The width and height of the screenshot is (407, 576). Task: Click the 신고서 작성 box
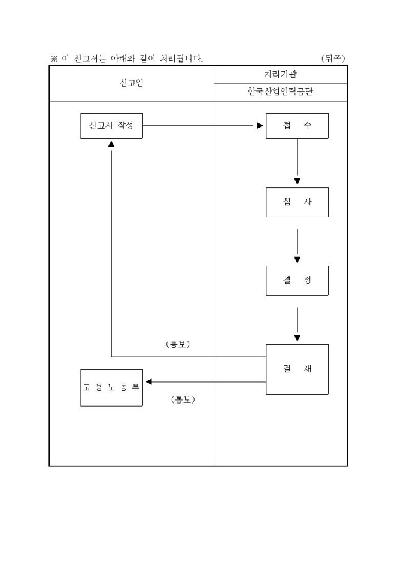pos(111,126)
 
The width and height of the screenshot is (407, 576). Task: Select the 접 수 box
pos(297,126)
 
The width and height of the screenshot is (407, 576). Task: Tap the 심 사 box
pos(297,202)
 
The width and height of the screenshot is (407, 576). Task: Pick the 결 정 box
pos(297,280)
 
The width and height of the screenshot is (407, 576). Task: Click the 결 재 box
pos(297,369)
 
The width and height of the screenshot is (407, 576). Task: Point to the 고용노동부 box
pos(111,387)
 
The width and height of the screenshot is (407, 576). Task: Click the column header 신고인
pos(131,83)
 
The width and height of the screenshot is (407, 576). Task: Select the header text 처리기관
pos(280,74)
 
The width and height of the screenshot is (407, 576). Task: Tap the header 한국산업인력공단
pos(280,92)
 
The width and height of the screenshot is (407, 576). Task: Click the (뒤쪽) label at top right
pos(333,58)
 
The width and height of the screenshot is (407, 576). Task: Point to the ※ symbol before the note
pos(53,59)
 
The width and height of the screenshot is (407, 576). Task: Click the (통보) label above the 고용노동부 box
pos(177,344)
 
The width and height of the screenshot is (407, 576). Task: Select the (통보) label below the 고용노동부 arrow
pos(183,399)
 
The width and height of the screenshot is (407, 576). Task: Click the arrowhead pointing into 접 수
pos(260,126)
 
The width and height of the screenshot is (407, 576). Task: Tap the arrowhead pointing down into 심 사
pos(297,181)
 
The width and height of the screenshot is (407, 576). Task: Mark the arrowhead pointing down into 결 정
pos(297,259)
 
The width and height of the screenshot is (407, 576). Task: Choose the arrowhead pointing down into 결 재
pos(297,338)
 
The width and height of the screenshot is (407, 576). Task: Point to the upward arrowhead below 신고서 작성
pos(111,144)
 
